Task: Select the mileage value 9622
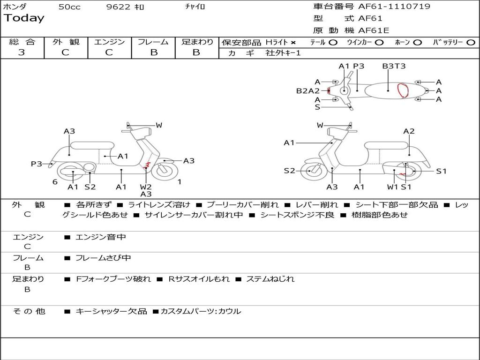point(119,7)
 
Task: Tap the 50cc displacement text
point(69,7)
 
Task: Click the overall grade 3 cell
point(22,52)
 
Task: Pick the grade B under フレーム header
point(154,52)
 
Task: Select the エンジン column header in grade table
point(110,42)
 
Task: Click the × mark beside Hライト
point(293,43)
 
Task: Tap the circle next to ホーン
point(417,43)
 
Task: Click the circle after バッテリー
point(471,43)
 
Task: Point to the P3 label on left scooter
point(37,164)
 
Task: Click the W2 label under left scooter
point(146,187)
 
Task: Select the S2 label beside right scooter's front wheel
point(289,171)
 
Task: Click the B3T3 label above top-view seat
point(394,66)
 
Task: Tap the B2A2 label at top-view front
point(307,91)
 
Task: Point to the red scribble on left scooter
point(147,165)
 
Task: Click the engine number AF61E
point(374,30)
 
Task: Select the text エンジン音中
point(100,237)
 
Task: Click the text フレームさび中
point(103,258)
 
